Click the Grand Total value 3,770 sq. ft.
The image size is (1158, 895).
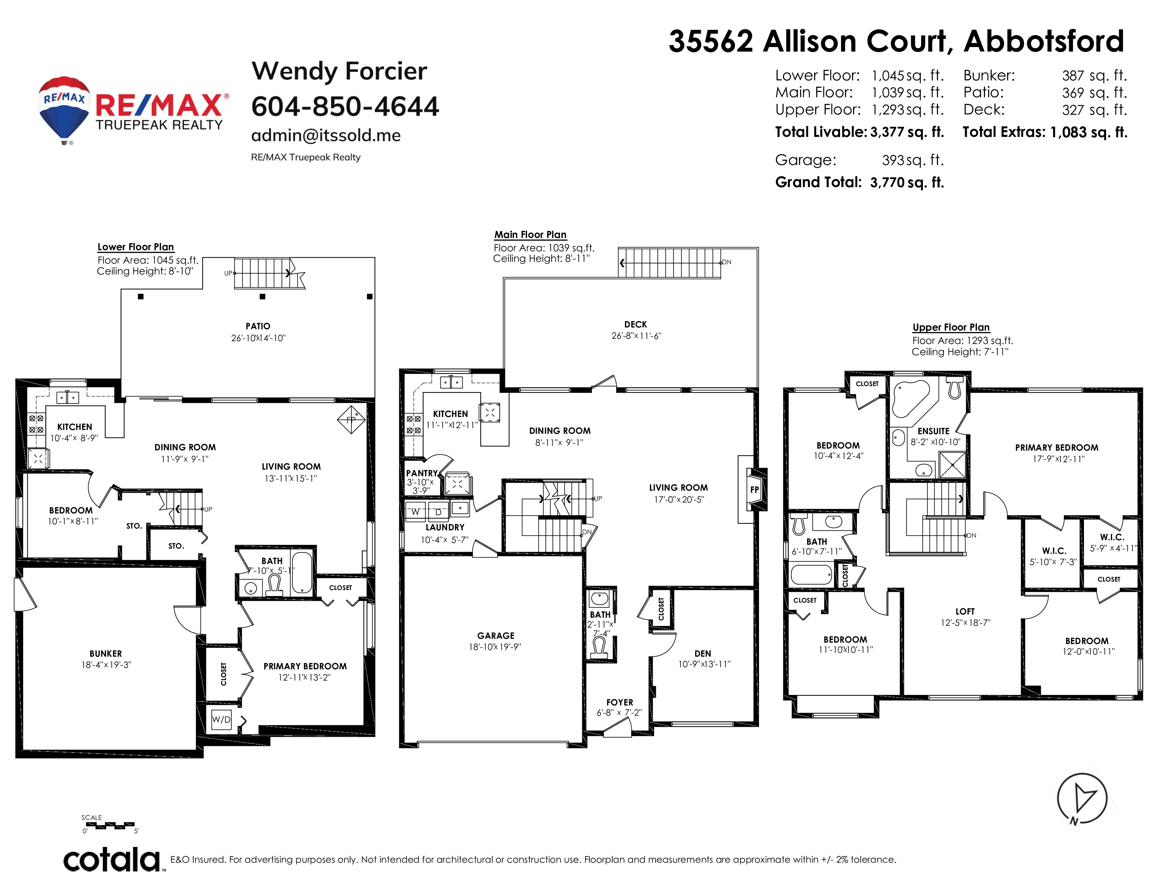pyautogui.click(x=907, y=183)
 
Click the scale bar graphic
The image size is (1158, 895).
pyautogui.click(x=110, y=826)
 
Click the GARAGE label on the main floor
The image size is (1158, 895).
pyautogui.click(x=496, y=636)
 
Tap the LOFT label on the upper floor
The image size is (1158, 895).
pyautogui.click(x=965, y=611)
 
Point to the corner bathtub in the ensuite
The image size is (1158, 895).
pyautogui.click(x=911, y=399)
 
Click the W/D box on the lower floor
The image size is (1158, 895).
pyautogui.click(x=221, y=720)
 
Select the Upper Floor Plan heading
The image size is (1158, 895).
pyautogui.click(x=951, y=327)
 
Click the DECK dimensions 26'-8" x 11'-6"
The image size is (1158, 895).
pyautogui.click(x=636, y=336)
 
